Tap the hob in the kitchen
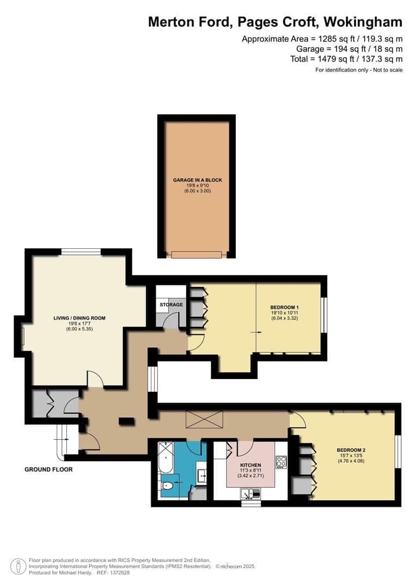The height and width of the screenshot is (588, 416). [280, 462]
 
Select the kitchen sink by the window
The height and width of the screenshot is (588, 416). [250, 494]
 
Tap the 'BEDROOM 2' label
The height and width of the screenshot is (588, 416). [351, 449]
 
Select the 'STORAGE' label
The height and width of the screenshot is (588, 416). [172, 304]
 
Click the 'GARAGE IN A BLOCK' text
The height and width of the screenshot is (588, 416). [198, 180]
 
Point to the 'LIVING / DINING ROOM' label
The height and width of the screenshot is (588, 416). [79, 318]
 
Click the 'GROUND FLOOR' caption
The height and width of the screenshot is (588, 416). [48, 469]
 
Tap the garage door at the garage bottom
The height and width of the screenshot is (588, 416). [197, 254]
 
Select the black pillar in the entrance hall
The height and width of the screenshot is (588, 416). [126, 420]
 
